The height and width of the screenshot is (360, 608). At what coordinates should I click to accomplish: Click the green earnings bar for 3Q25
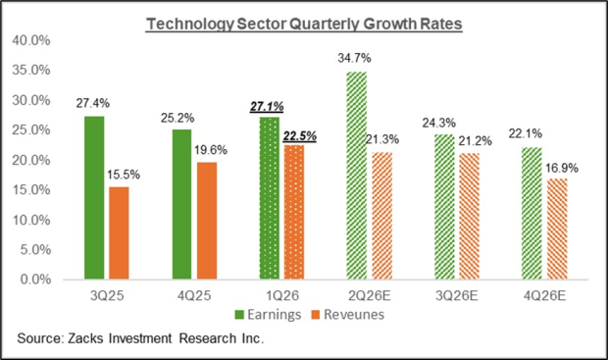95,197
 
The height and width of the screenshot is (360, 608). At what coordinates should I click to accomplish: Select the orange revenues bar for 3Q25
119,232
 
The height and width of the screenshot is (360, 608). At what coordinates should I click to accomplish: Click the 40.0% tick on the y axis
31,41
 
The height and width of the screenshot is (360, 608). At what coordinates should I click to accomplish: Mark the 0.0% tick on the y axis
35,280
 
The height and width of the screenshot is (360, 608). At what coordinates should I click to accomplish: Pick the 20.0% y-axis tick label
31,160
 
